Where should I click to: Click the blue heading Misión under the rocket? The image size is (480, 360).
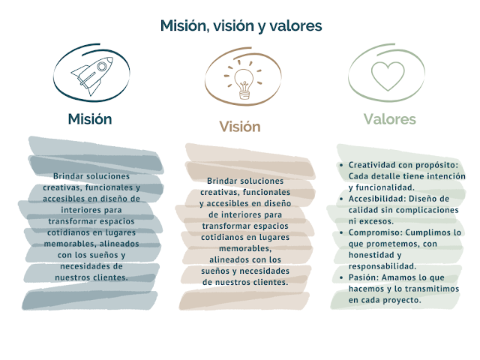[89, 118]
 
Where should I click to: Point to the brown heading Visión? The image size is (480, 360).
[239, 126]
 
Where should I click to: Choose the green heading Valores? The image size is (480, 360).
[389, 118]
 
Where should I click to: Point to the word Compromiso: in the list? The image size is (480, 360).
[379, 232]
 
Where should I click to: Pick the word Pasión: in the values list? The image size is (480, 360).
[365, 277]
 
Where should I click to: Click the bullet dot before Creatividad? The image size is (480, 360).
[342, 165]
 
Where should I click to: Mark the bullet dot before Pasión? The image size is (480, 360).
[342, 277]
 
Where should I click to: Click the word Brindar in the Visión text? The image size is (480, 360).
[223, 181]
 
